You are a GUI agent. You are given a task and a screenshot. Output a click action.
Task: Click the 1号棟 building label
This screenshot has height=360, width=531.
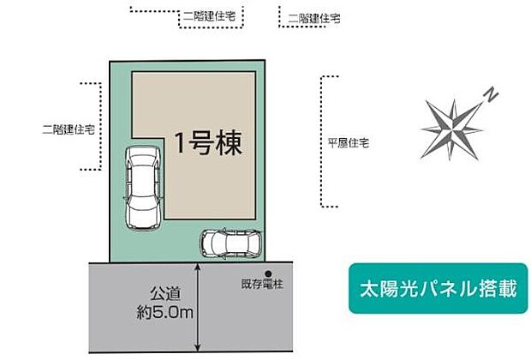(x=209, y=143)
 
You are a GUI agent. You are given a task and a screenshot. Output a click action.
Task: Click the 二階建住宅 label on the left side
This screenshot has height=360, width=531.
(x=68, y=129)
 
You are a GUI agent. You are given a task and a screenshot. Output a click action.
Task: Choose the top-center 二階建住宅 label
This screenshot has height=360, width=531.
(x=211, y=15)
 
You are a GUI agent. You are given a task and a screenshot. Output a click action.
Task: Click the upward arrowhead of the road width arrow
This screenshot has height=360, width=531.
(x=199, y=266)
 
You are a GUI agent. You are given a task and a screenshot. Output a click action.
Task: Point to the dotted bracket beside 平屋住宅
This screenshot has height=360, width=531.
(x=323, y=141)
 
